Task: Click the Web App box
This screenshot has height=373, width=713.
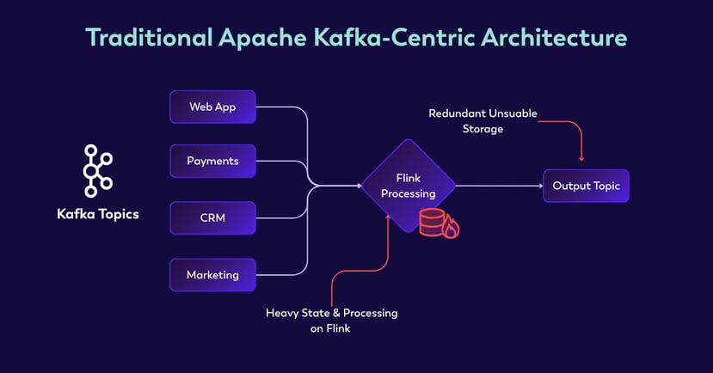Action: coord(212,107)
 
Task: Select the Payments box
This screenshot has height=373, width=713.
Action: coord(212,161)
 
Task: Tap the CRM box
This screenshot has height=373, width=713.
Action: coord(212,217)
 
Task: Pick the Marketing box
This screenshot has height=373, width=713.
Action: coord(212,275)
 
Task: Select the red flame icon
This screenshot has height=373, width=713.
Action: coord(450,228)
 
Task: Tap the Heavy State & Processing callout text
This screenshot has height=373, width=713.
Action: coord(332,319)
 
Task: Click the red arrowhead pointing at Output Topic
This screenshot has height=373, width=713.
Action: coord(582,157)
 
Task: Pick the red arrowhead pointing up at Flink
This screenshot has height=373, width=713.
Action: coord(389,217)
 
